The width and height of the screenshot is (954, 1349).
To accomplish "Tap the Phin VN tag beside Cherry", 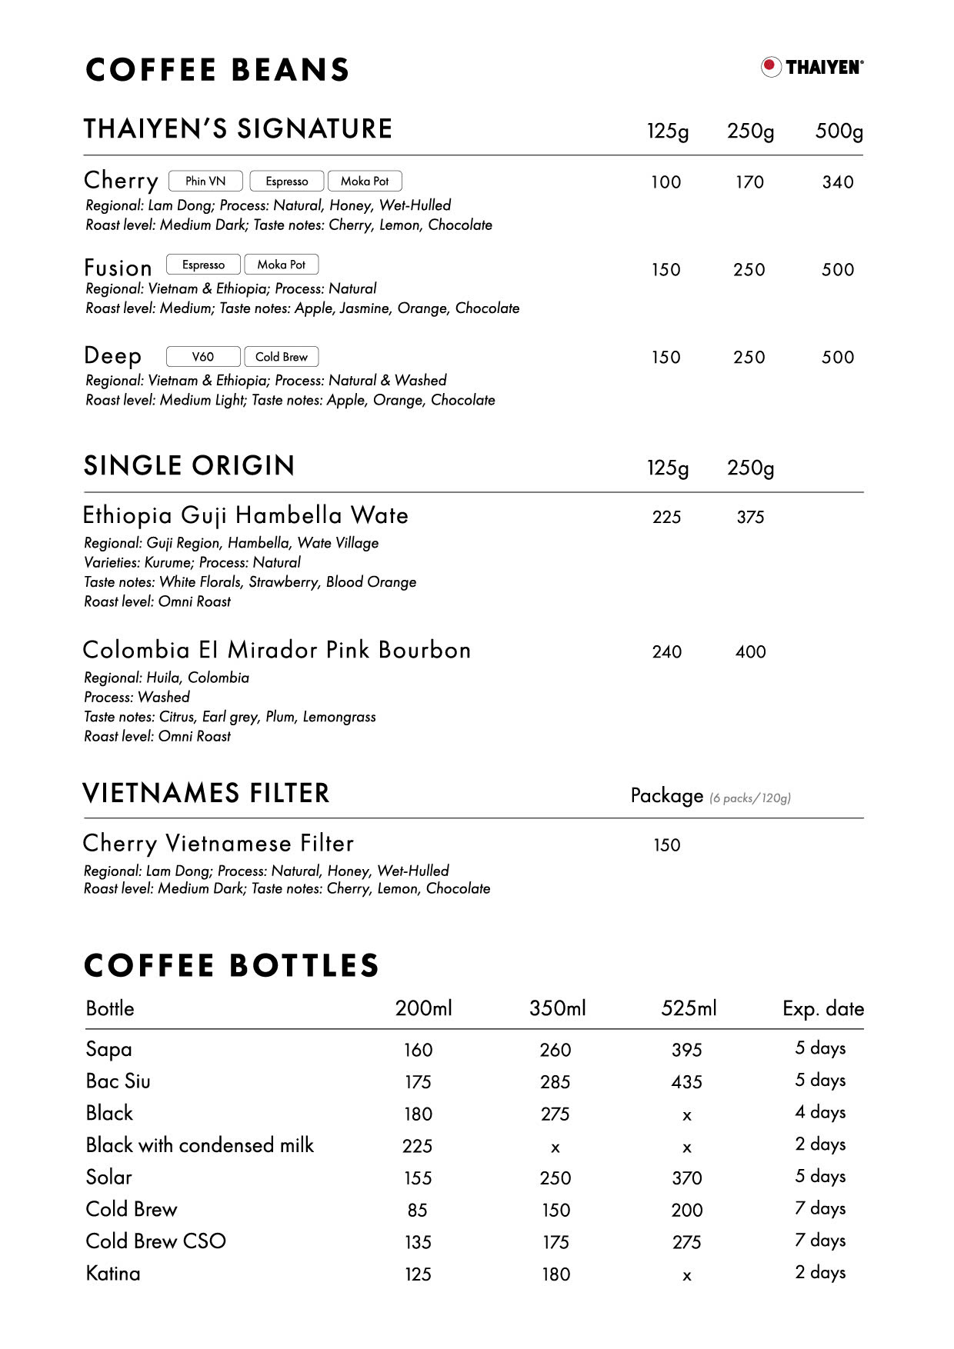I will [x=205, y=181].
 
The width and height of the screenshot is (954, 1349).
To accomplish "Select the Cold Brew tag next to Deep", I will [x=281, y=357].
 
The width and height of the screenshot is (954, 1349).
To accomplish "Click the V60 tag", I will [x=203, y=357].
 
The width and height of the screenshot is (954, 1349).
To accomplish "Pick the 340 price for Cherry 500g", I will [x=838, y=182].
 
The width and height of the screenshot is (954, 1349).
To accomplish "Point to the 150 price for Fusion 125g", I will [x=665, y=270].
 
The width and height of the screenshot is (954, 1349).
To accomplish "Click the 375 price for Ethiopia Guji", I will [x=750, y=518].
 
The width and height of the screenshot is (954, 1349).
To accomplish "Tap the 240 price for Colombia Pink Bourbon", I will [x=666, y=652].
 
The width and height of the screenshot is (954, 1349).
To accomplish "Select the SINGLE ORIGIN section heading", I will [x=189, y=466].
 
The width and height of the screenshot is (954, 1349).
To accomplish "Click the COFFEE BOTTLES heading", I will [x=232, y=966].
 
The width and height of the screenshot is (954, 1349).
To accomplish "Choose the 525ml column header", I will [x=689, y=1008].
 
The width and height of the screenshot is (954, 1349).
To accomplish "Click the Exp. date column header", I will [x=822, y=1009].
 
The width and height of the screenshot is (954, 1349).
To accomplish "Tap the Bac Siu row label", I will [x=118, y=1081].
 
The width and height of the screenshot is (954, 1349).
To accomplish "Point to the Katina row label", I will [x=113, y=1274].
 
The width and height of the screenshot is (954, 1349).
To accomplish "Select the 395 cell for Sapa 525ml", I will [x=686, y=1051].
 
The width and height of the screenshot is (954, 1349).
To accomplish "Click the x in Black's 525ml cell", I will [x=687, y=1115].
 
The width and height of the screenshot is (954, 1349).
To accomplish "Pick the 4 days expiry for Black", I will [x=820, y=1113].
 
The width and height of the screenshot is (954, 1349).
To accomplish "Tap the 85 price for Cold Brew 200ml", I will [x=417, y=1211].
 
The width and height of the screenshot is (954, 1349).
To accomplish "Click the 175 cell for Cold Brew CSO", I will [x=555, y=1243].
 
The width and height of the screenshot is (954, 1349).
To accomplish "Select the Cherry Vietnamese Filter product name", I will [x=218, y=844].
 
